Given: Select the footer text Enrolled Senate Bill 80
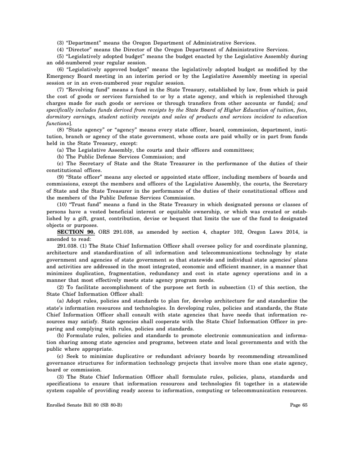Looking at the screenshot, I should (x=72, y=404).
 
